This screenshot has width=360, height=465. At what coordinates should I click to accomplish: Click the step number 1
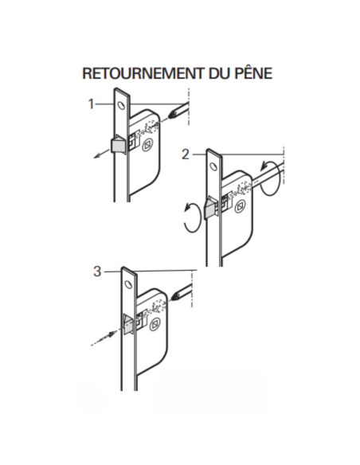[92, 104]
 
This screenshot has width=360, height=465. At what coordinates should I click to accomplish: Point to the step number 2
[185, 154]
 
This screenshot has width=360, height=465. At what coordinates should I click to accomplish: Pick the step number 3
[97, 272]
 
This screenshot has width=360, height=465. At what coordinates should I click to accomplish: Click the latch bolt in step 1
[118, 144]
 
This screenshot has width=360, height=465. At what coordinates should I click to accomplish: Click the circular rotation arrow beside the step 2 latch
[190, 217]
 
